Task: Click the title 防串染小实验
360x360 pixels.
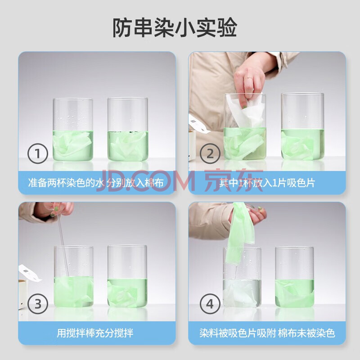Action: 175,27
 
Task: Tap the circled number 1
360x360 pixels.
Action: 38,153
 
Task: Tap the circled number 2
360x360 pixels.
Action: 210,153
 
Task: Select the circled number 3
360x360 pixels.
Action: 38,304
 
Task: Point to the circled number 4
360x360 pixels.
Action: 210,304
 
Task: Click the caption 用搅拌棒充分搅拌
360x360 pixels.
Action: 95,333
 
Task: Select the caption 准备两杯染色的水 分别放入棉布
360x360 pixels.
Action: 96,183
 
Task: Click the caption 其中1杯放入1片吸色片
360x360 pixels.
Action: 267,183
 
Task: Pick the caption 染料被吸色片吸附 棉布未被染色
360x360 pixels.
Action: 267,333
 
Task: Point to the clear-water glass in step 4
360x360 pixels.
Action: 242,277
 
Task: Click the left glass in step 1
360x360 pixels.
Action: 73,130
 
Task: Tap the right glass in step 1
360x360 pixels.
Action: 128,129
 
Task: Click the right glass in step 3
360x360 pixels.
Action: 127,276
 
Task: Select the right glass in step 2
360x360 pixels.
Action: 302,126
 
